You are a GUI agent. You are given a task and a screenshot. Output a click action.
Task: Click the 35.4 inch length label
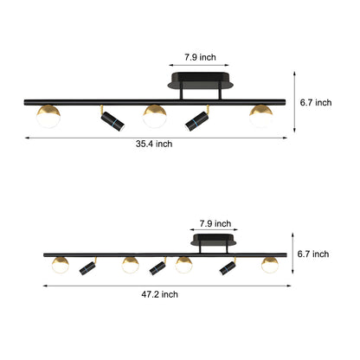pyautogui.click(x=153, y=144)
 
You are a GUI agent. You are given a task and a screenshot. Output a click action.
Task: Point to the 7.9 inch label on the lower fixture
pyautogui.click(x=215, y=222)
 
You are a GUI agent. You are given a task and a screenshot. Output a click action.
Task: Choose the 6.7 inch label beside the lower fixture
pyautogui.click(x=313, y=254)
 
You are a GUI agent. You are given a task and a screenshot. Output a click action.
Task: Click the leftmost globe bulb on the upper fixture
pyautogui.click(x=48, y=115)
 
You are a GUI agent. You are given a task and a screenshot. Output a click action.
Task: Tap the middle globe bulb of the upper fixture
pyautogui.click(x=154, y=115)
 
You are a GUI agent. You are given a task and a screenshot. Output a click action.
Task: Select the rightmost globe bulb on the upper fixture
pyautogui.click(x=260, y=115)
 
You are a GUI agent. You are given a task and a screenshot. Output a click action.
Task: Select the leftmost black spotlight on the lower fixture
pyautogui.click(x=87, y=267)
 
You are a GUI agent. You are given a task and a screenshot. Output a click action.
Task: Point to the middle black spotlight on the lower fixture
pyautogui.click(x=156, y=267)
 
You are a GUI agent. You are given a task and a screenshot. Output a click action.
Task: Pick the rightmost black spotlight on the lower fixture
pyautogui.click(x=228, y=267)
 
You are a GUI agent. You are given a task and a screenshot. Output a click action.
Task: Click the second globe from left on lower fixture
pyautogui.click(x=130, y=263)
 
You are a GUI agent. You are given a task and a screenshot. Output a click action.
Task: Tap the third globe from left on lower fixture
pyautogui.click(x=183, y=263)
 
